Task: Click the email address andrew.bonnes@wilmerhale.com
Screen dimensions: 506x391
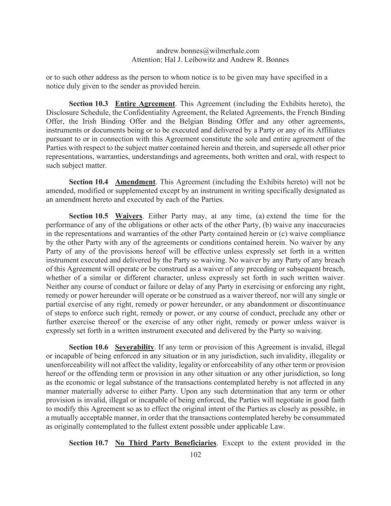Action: point(208,51)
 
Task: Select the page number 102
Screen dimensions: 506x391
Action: point(195,455)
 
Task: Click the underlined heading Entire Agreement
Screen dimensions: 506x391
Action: point(145,104)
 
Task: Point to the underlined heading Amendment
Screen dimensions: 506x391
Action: point(135,182)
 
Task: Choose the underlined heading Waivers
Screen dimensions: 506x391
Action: point(129,216)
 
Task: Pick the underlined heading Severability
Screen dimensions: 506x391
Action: point(135,347)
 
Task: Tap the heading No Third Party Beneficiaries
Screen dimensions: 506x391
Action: point(165,443)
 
